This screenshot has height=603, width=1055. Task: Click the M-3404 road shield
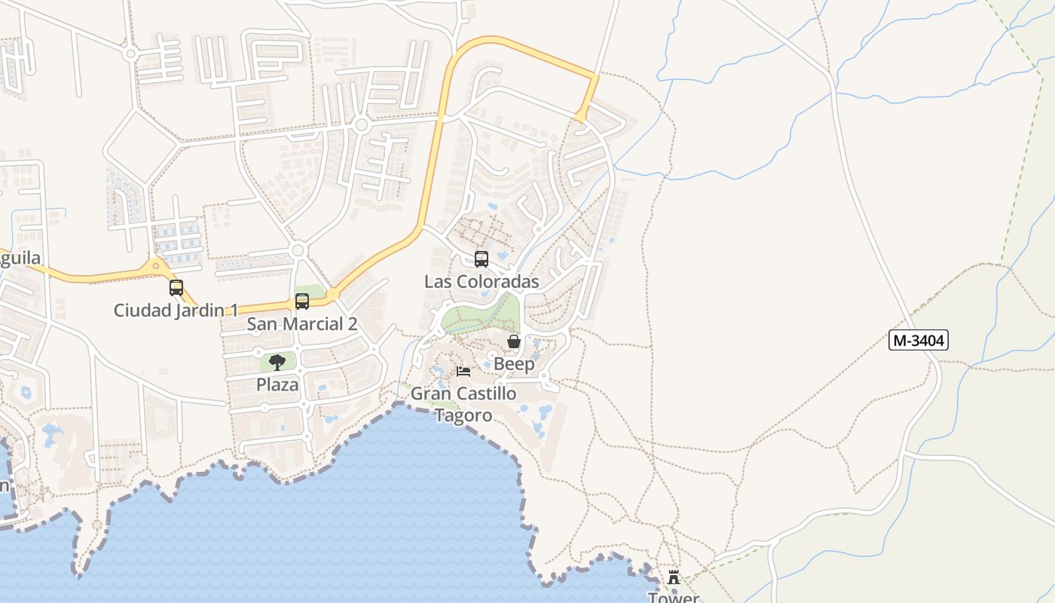point(918,341)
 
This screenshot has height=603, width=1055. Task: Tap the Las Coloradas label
point(482,282)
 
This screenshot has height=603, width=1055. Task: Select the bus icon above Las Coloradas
point(482,259)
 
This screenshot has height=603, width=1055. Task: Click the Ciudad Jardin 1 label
point(176,310)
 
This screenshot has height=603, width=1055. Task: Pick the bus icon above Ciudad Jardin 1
point(176,287)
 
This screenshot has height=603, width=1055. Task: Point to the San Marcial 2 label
point(302,324)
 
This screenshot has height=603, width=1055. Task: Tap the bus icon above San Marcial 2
point(302,301)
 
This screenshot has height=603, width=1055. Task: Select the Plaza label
point(277,384)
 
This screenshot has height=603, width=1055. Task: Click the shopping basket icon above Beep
point(514,342)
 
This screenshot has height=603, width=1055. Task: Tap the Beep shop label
point(514,364)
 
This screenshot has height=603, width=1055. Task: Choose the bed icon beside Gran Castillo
point(463,372)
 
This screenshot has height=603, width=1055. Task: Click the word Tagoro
point(463,415)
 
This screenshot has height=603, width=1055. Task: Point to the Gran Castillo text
point(463,393)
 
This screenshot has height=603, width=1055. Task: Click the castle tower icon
point(674,577)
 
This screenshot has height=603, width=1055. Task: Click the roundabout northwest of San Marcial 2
point(298,249)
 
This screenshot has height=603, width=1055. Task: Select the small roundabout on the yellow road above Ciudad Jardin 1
point(156,265)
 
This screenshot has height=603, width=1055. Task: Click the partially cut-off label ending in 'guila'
point(20,259)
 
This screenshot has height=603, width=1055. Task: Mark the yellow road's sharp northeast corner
point(595,76)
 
